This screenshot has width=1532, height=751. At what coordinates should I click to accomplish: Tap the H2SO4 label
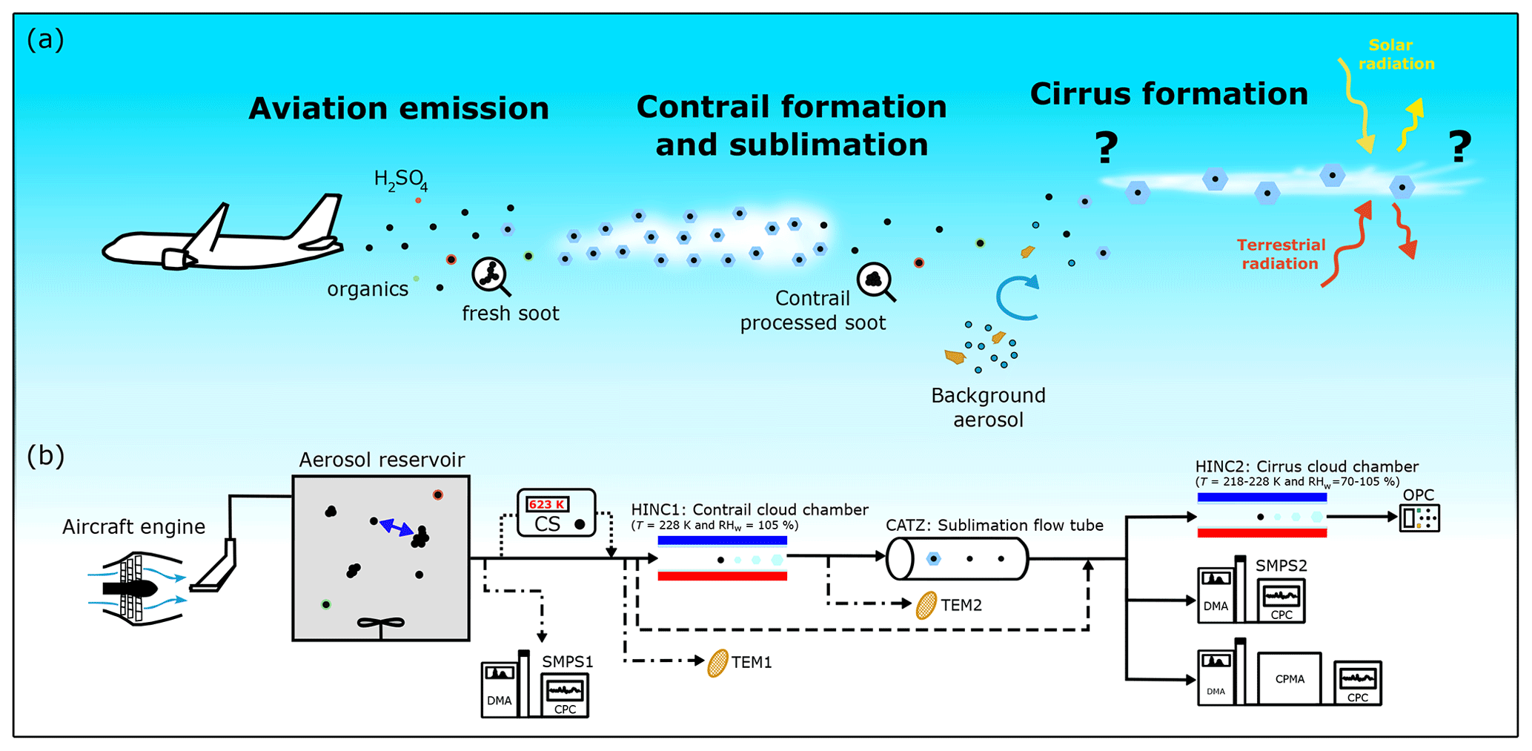[x=400, y=179]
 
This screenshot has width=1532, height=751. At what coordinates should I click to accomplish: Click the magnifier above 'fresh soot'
[x=490, y=276]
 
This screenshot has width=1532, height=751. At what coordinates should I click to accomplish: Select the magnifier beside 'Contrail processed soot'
[x=875, y=281]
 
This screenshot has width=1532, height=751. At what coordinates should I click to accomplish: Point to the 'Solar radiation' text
[x=1395, y=55]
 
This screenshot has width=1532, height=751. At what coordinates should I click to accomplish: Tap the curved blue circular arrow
[x=1017, y=297]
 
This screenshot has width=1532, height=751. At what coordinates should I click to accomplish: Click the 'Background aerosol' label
[x=988, y=407]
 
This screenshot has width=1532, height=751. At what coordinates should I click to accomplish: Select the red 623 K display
[x=547, y=504]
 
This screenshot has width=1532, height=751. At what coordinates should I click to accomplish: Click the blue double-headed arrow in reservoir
[x=397, y=528]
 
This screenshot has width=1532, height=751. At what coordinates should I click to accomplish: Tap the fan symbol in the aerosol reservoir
[x=381, y=624]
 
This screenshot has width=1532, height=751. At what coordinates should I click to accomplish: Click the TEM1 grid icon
[x=717, y=663]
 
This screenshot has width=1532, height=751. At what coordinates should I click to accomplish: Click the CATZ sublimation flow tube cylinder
[x=957, y=559]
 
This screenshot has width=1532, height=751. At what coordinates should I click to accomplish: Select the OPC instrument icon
[x=1419, y=517]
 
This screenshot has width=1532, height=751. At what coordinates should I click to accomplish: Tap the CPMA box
[x=1290, y=678]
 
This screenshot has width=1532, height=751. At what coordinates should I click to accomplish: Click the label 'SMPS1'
[x=567, y=661]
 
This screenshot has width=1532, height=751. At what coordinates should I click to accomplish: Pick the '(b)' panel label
[x=45, y=455]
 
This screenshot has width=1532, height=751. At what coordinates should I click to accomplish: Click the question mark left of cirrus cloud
[x=1106, y=148]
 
